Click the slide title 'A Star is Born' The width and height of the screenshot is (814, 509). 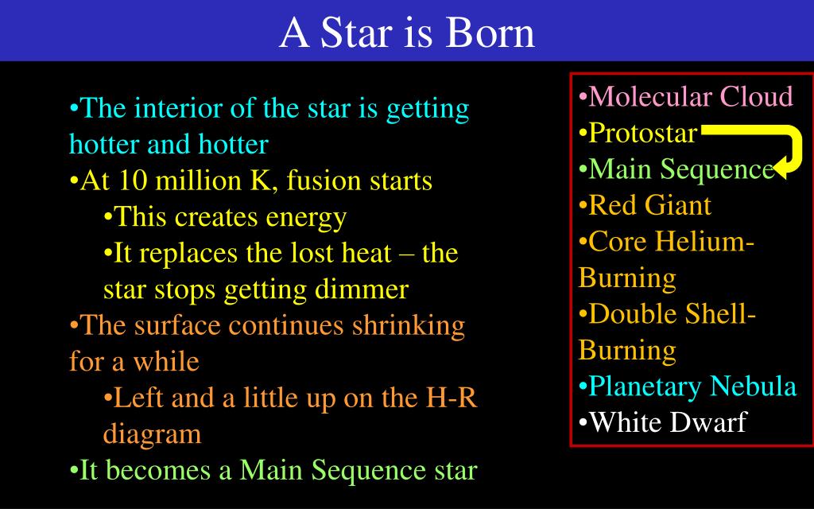click(x=407, y=33)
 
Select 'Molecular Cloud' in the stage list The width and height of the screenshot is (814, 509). click(x=690, y=97)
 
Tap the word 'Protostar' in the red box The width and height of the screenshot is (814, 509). click(x=642, y=133)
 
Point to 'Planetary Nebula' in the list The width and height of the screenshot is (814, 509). click(x=692, y=386)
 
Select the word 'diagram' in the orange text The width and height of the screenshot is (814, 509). click(x=152, y=434)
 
